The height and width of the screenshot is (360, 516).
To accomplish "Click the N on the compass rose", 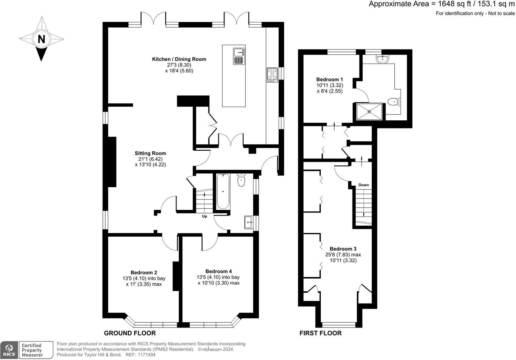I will pyautogui.click(x=41, y=39).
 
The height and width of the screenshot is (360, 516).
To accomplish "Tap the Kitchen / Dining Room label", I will pyautogui.click(x=179, y=59).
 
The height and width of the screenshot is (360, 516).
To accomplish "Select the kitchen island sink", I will pyautogui.click(x=239, y=52).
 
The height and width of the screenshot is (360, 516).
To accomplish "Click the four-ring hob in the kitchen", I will pyautogui.click(x=272, y=75).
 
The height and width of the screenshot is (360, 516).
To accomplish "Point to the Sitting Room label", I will pyautogui.click(x=150, y=153).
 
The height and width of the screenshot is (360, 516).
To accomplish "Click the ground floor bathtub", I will pyautogui.click(x=223, y=191).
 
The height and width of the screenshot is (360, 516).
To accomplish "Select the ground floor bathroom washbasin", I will pyautogui.click(x=249, y=222).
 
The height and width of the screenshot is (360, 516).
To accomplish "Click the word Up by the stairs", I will pyautogui.click(x=205, y=216).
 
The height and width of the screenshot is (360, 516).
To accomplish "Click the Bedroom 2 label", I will pyautogui.click(x=144, y=272).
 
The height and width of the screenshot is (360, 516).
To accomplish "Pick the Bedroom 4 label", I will pyautogui.click(x=219, y=271).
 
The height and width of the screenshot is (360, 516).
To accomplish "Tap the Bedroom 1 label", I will pyautogui.click(x=329, y=80).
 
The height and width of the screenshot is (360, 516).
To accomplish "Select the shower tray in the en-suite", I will pyautogui.click(x=369, y=112).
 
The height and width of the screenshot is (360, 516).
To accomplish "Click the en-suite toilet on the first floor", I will pyautogui.click(x=394, y=102).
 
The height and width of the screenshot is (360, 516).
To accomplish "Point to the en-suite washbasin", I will pyautogui.click(x=382, y=59).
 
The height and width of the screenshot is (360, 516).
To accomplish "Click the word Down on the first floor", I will pyautogui.click(x=364, y=185).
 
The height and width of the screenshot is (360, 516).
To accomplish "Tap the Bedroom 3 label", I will pyautogui.click(x=343, y=249).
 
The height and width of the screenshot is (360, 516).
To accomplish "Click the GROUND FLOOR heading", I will pyautogui.click(x=130, y=333).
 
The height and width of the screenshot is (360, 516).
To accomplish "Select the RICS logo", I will pyautogui.click(x=9, y=350).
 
